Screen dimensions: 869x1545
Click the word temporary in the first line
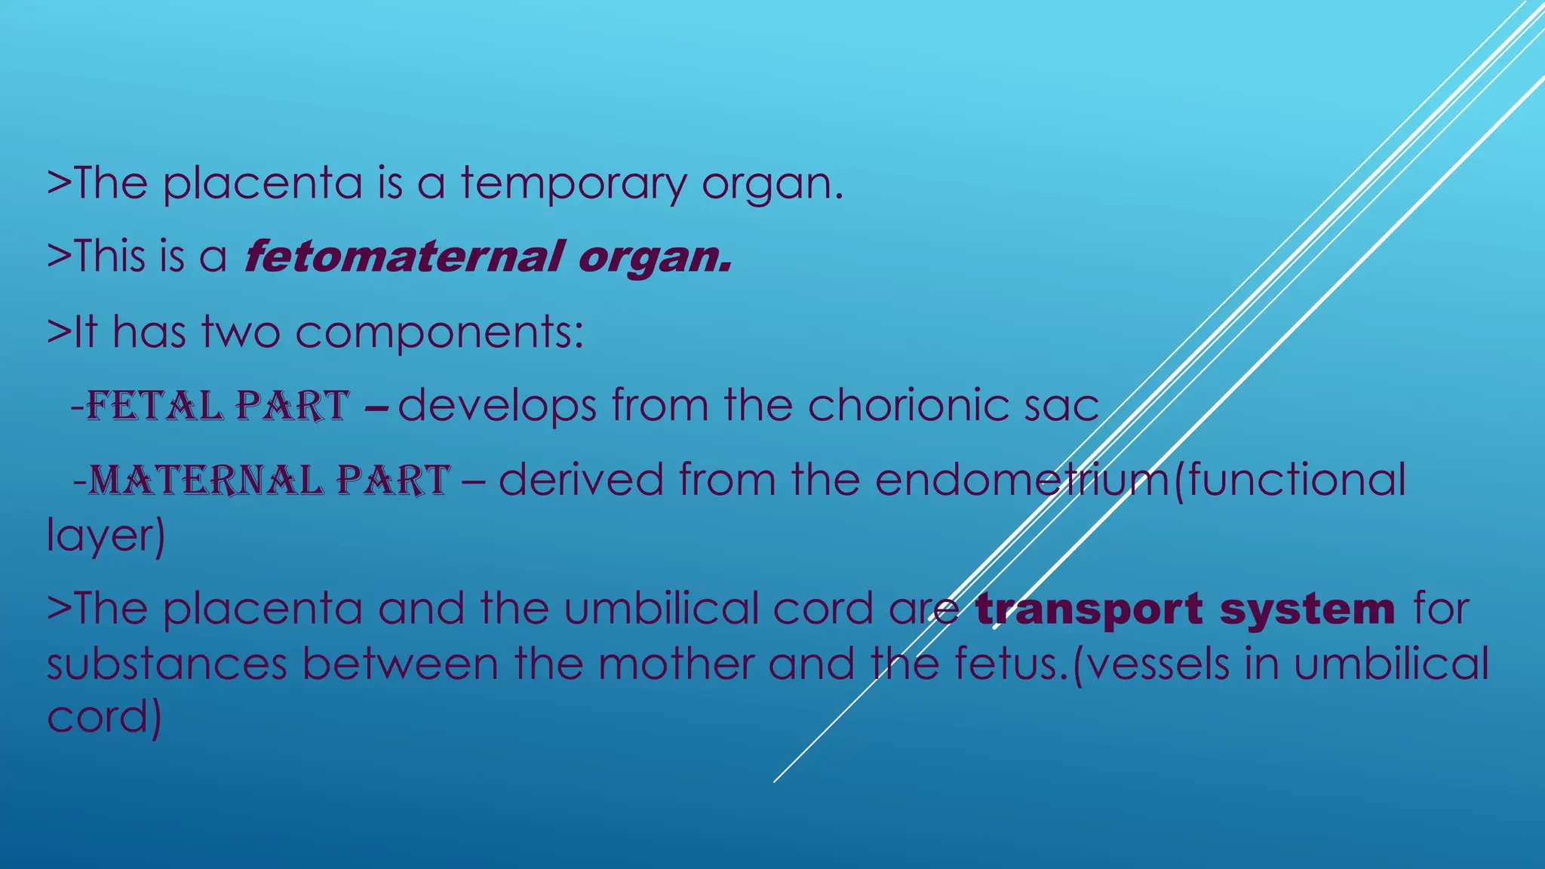573,183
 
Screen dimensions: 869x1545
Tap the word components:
439,333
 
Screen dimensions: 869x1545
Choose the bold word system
1307,610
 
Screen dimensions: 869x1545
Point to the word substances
167,664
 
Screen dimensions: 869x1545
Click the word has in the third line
149,333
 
